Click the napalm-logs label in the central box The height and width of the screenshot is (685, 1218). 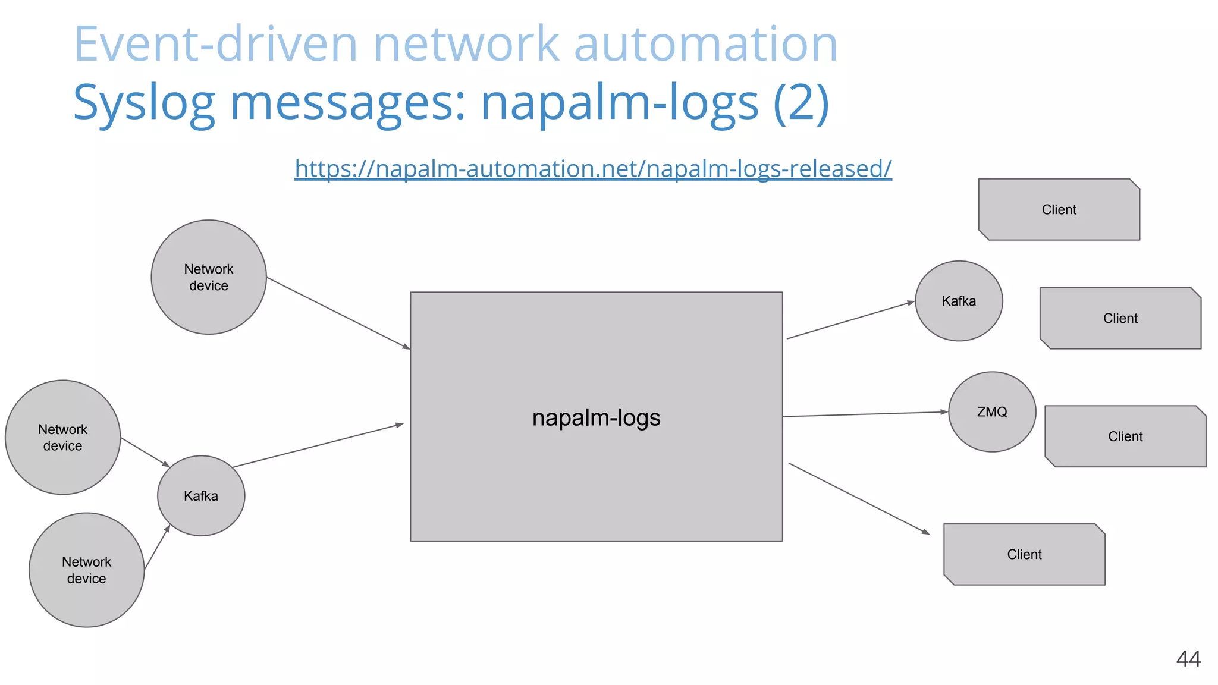(596, 418)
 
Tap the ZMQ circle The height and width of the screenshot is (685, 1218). (991, 412)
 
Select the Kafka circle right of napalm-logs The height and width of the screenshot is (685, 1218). (959, 301)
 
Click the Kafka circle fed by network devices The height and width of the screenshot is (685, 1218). (201, 496)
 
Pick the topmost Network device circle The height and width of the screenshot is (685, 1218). (209, 277)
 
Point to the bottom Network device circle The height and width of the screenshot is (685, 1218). (87, 570)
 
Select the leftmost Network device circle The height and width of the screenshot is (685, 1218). (62, 438)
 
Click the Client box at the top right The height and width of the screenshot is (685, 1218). (1059, 210)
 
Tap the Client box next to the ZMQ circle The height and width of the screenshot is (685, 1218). (1125, 436)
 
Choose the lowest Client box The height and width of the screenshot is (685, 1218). (1024, 554)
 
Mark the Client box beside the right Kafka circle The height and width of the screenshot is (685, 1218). (1120, 319)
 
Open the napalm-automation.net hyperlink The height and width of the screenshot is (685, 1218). (593, 169)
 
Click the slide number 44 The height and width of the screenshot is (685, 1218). (1188, 659)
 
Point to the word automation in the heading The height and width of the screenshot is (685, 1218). (705, 44)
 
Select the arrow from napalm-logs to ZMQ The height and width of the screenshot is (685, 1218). (865, 414)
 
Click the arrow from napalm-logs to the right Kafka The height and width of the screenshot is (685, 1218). (850, 320)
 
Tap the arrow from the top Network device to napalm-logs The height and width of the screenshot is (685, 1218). (338, 313)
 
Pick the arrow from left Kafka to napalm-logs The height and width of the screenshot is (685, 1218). (318, 446)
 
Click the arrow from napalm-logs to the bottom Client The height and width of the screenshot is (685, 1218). (859, 498)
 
